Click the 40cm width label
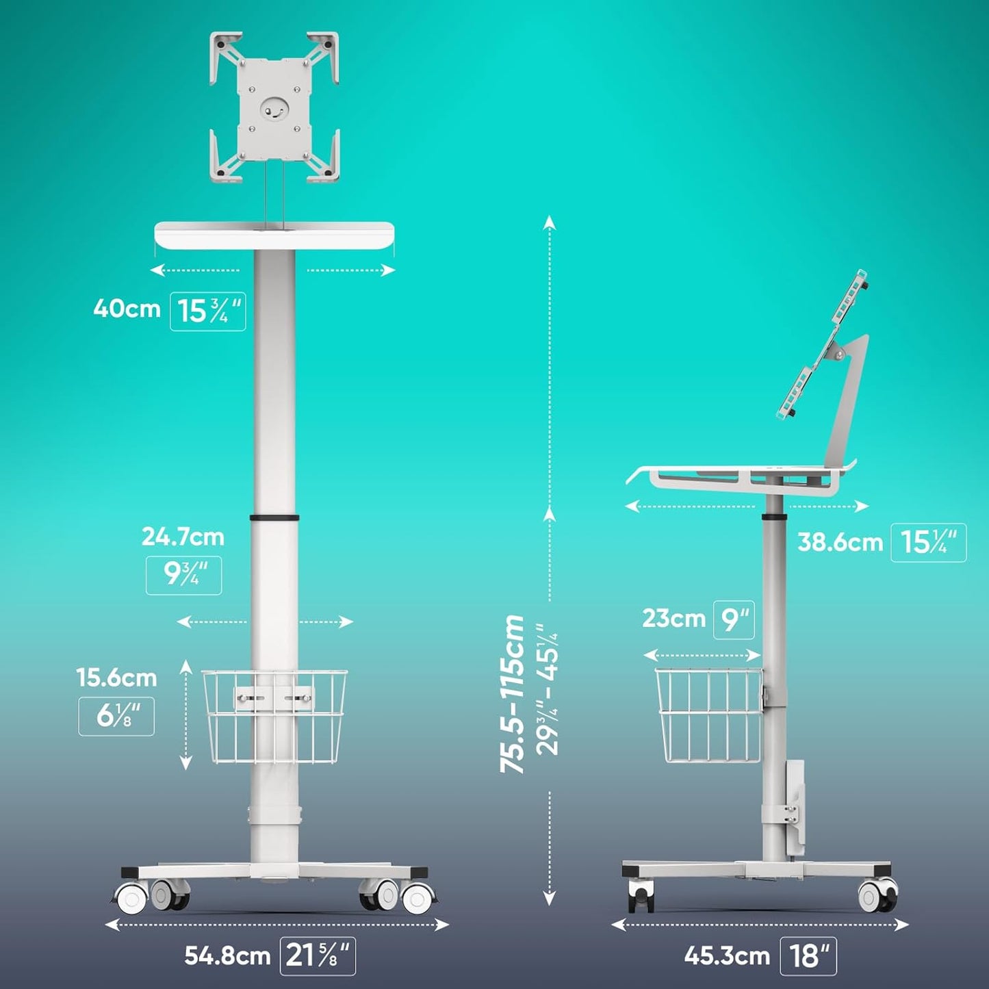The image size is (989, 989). pos(126,309)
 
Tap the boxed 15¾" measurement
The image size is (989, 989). pos(208,311)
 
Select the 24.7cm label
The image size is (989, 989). pos(183,537)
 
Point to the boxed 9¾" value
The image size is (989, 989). pos(183,576)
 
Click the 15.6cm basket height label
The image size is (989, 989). pos(116,678)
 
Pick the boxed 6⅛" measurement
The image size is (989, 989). pos(116,716)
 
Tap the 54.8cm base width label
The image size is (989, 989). pos(227,956)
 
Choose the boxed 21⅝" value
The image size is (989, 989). pos(318,956)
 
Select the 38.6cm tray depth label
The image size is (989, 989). pos(840,543)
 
